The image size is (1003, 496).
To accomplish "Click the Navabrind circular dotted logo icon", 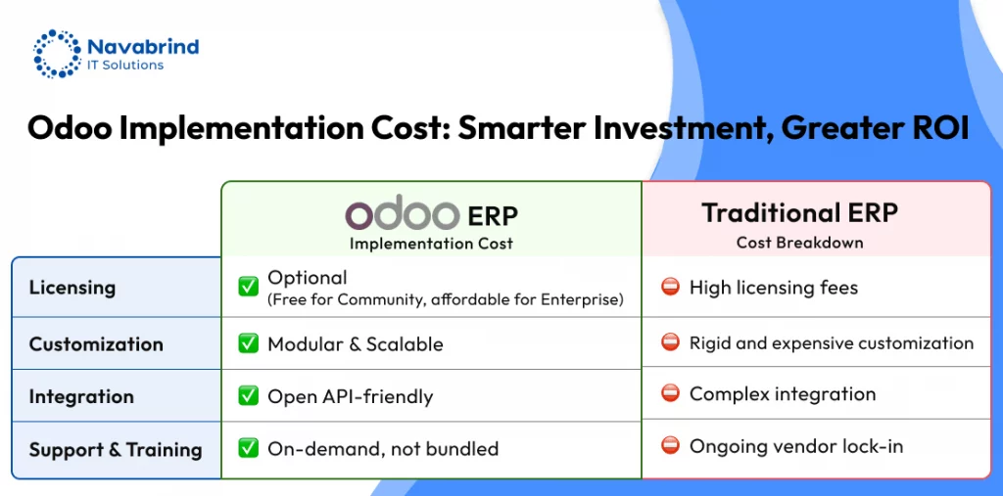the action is [57, 53].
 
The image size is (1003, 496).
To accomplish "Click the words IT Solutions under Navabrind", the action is [125, 66].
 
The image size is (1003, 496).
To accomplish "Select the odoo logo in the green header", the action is [403, 215].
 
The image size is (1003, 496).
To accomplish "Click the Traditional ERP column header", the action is [799, 213].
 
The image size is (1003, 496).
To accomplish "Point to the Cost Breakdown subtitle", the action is [799, 243].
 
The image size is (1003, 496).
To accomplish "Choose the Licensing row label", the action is [72, 288].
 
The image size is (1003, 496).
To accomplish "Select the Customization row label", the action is [96, 344].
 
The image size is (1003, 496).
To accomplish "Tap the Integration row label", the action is [81, 396].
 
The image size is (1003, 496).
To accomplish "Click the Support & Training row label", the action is [116, 450].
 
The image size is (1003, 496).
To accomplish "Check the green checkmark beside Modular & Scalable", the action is [248, 344].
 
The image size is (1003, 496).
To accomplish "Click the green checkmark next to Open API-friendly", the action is [248, 396].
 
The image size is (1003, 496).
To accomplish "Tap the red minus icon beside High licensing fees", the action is [670, 288].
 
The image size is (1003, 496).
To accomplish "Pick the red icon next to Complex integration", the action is [670, 393].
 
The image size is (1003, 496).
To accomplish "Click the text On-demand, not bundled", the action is [383, 449].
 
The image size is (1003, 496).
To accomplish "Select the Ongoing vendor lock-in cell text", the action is [796, 446].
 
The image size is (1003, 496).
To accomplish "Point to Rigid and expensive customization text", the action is [832, 343].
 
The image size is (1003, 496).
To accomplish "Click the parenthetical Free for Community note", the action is [446, 299].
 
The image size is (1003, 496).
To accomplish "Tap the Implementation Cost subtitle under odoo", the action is [431, 244].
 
